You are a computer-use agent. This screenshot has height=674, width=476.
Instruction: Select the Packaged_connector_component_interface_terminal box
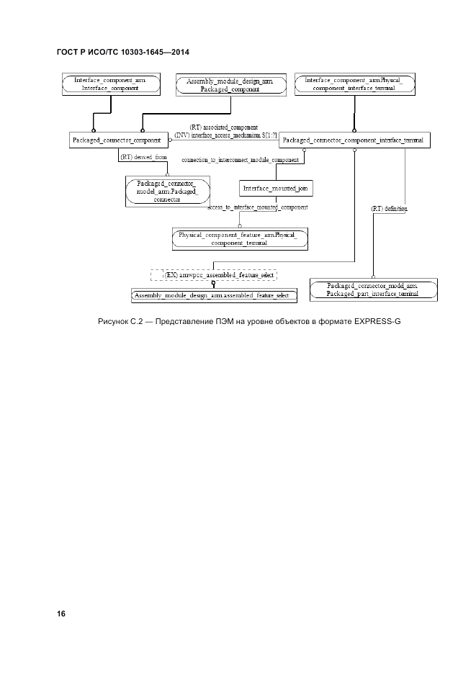point(355,140)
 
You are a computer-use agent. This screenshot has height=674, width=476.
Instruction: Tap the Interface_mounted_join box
point(277,189)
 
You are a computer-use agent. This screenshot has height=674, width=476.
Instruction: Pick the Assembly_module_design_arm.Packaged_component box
point(229,85)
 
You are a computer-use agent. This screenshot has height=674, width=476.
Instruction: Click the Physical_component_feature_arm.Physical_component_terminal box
point(238,239)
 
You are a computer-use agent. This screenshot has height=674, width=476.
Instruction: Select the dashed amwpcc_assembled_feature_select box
point(214,275)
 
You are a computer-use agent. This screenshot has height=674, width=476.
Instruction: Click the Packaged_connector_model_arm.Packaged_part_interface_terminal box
point(372,290)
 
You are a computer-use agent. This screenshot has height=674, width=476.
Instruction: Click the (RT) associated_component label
point(224,127)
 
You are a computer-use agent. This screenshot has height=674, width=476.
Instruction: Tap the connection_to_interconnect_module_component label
point(240,160)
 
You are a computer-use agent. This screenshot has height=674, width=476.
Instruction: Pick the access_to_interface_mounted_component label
point(258,207)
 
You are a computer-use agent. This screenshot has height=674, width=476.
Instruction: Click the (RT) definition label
point(389,208)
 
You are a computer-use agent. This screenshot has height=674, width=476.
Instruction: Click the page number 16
point(60,614)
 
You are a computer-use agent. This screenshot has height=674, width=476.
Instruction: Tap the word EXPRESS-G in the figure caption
point(377,320)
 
